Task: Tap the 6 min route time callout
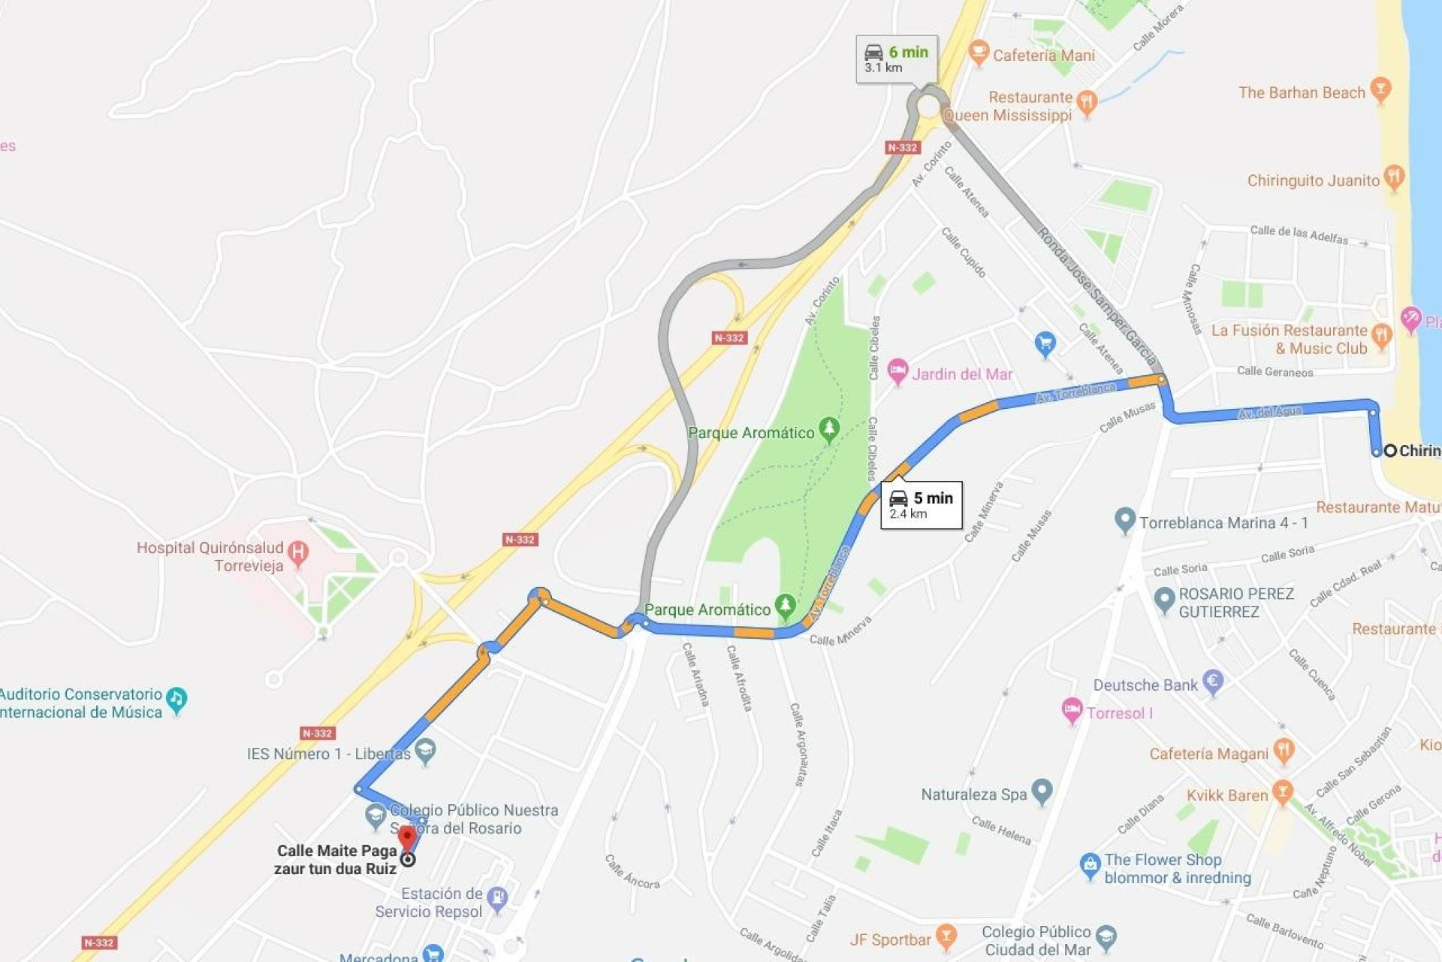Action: pos(897,59)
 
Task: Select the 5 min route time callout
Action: pos(922,505)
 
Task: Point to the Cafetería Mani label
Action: pos(1043,55)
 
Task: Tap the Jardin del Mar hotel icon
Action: pos(897,371)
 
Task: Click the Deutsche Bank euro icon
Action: pos(1213,682)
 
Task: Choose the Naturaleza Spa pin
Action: pos(1042,791)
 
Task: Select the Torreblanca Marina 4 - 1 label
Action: pos(1223,523)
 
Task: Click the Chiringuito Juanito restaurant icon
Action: pos(1394,177)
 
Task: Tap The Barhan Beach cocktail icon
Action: pos(1380,89)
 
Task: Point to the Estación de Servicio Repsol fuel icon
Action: pos(497,898)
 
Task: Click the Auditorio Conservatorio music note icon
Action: pos(176,699)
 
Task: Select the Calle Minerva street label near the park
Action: pos(840,631)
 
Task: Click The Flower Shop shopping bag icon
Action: pos(1090,865)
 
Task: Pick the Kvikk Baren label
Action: pos(1226,795)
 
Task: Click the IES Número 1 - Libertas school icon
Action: pos(426,750)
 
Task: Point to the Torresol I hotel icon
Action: pos(1072,709)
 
